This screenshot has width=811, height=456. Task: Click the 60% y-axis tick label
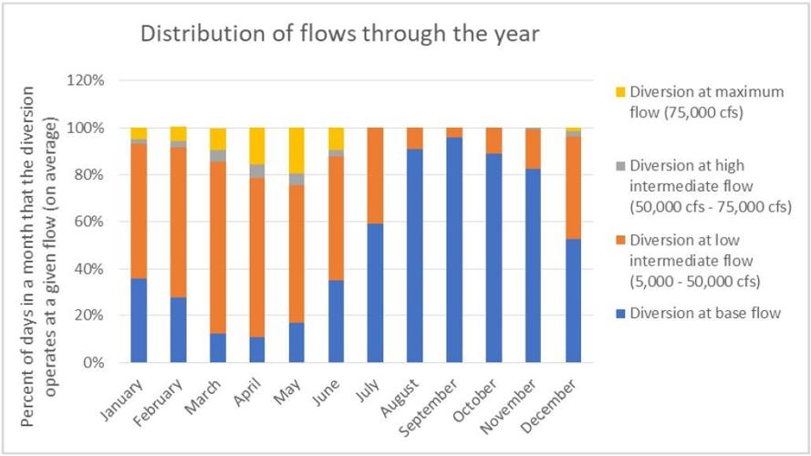91,222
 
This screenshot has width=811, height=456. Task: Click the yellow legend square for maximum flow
620,92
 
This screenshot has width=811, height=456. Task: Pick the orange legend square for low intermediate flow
620,241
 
